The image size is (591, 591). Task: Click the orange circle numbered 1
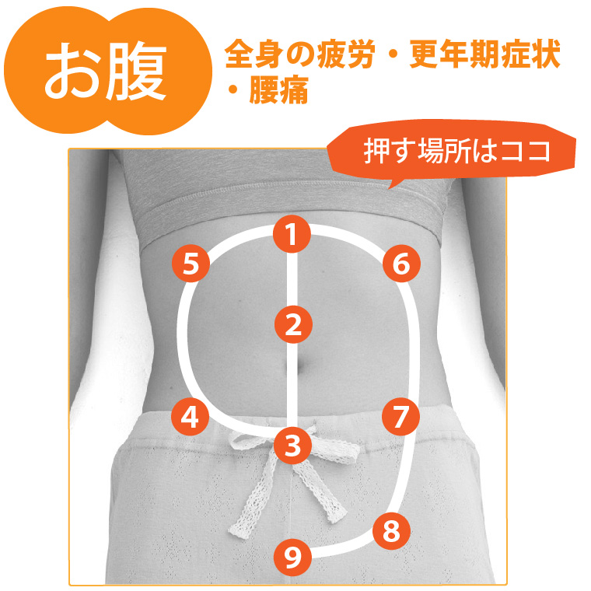pos(292,234)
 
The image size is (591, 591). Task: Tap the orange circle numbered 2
pos(293,324)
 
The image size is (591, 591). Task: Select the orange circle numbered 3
pos(293,446)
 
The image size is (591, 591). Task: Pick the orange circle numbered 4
pos(191,417)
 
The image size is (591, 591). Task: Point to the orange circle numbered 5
pos(191,263)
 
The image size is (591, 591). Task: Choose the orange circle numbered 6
pos(401,263)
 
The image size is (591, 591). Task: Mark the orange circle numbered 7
pos(401,417)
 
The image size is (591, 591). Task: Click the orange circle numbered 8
pos(392,531)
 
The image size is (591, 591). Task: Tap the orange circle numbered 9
pos(293,557)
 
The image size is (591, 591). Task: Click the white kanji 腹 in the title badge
pos(135,71)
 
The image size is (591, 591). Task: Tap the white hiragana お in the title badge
pos(73,72)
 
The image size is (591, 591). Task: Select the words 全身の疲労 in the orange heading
pos(300,54)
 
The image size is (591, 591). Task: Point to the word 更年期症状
pos(484,54)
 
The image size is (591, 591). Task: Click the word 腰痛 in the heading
pos(278,89)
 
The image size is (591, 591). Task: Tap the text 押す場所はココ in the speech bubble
pos(456,151)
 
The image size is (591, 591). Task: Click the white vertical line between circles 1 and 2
pos(292,280)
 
